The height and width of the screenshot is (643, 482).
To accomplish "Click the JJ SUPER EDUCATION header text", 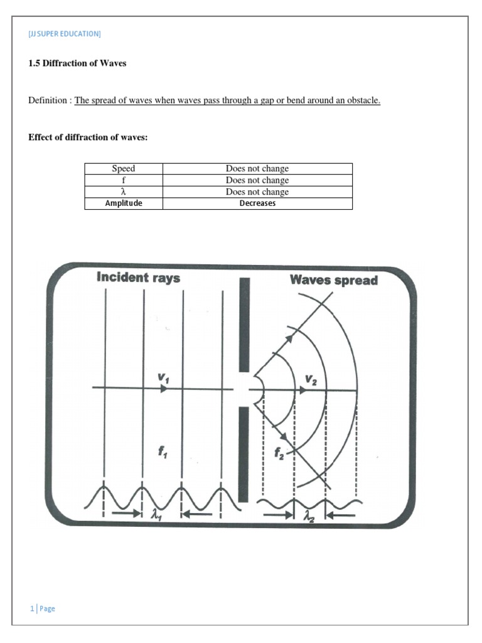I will click(x=65, y=34).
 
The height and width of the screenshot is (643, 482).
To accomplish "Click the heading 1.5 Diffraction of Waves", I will click(x=77, y=63).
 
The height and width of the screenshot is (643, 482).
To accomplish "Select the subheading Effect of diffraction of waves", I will click(x=88, y=138).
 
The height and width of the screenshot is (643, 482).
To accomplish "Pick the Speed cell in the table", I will click(x=123, y=168).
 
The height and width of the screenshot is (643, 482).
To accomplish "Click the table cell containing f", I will click(x=123, y=180).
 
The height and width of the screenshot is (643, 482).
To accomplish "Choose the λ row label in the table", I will click(x=123, y=192).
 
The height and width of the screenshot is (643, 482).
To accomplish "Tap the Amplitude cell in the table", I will click(x=123, y=203).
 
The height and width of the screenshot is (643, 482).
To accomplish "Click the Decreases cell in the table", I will click(x=257, y=203).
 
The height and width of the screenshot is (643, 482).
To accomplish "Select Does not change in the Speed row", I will click(x=257, y=168).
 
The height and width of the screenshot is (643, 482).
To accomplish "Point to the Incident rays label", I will click(x=138, y=278).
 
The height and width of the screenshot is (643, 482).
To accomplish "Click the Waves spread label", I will click(x=334, y=280).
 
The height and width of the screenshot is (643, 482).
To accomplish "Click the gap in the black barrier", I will click(x=244, y=389).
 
